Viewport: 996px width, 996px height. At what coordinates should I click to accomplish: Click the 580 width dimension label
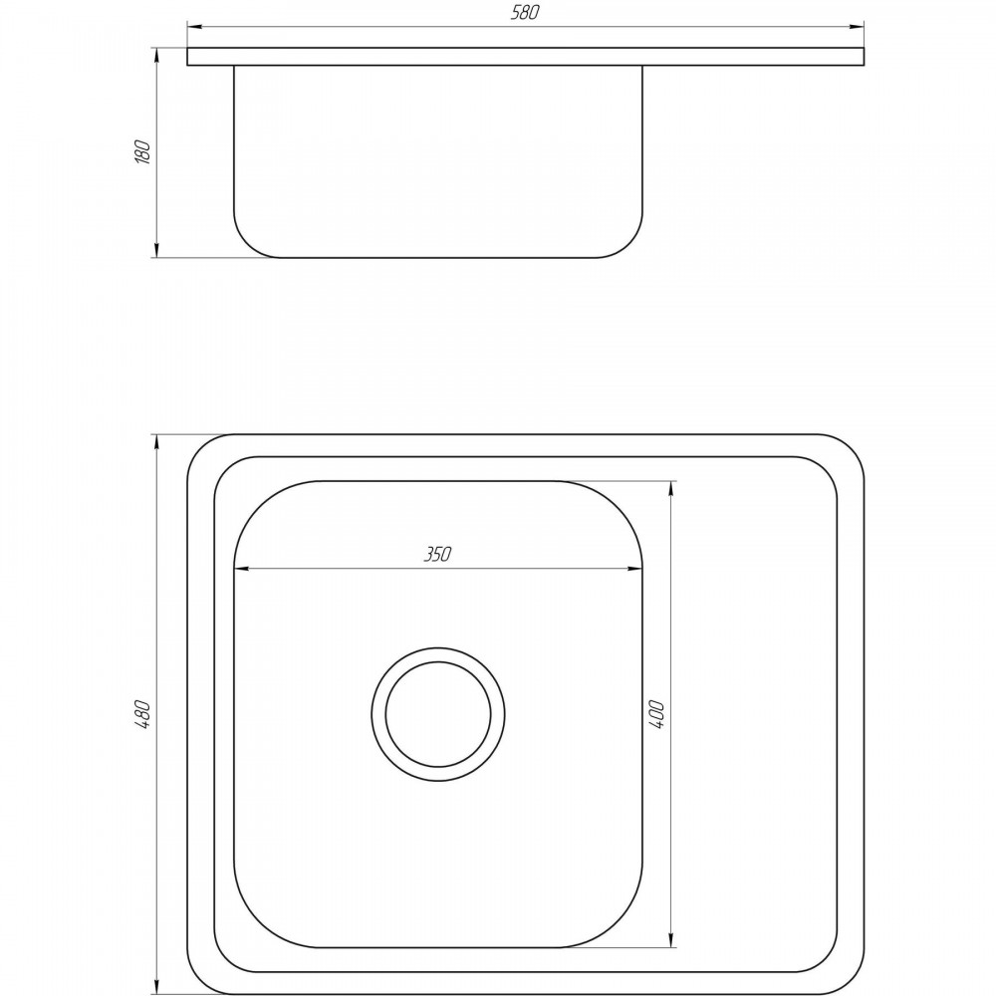pyautogui.click(x=525, y=13)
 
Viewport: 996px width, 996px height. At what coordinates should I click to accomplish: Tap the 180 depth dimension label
pyautogui.click(x=143, y=151)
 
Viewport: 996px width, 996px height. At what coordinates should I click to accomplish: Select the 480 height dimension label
pyautogui.click(x=143, y=713)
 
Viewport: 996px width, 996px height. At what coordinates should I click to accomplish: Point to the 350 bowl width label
pyautogui.click(x=437, y=555)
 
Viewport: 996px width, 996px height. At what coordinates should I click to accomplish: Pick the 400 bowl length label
pyautogui.click(x=657, y=714)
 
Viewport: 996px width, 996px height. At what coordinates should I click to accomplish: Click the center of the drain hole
pyautogui.click(x=438, y=714)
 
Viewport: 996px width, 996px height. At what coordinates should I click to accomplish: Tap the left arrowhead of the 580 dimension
pyautogui.click(x=195, y=27)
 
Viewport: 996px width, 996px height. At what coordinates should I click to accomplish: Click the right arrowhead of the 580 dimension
pyautogui.click(x=857, y=27)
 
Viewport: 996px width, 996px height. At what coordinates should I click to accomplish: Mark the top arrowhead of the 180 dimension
pyautogui.click(x=156, y=55)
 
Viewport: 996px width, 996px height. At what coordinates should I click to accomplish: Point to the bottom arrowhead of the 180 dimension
pyautogui.click(x=156, y=250)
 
